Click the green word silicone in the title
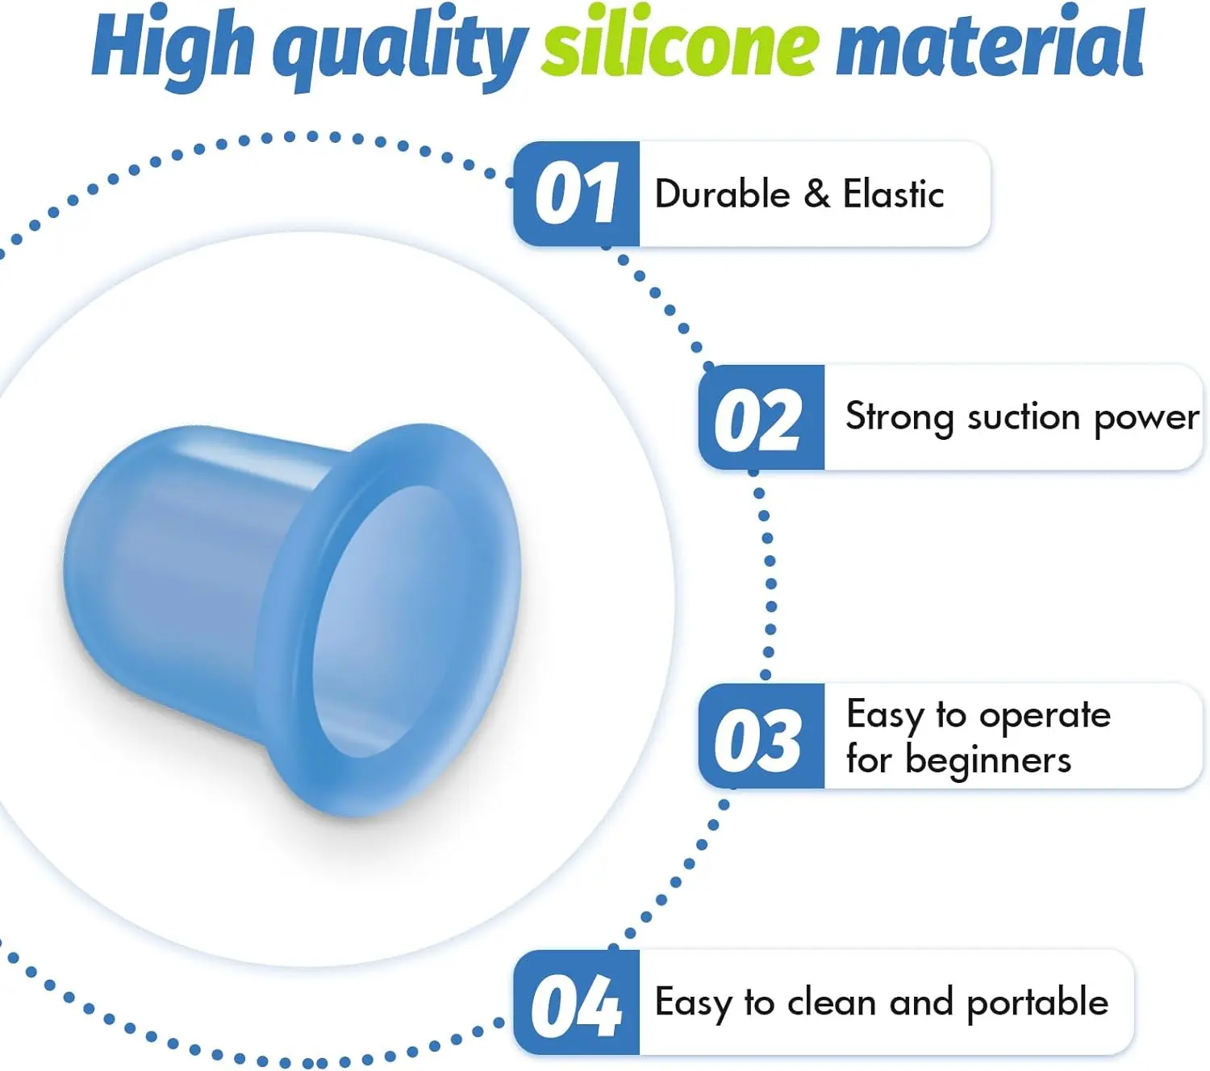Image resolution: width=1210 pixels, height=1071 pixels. coord(680,46)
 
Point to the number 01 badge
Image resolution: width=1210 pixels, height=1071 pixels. coord(576,194)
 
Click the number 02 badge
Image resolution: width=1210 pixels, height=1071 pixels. coord(761,417)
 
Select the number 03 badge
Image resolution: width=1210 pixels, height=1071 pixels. coord(761,736)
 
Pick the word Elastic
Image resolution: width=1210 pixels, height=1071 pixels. coord(894,194)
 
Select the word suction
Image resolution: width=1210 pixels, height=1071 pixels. coord(1024,416)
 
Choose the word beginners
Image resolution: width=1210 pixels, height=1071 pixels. coord(988,762)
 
